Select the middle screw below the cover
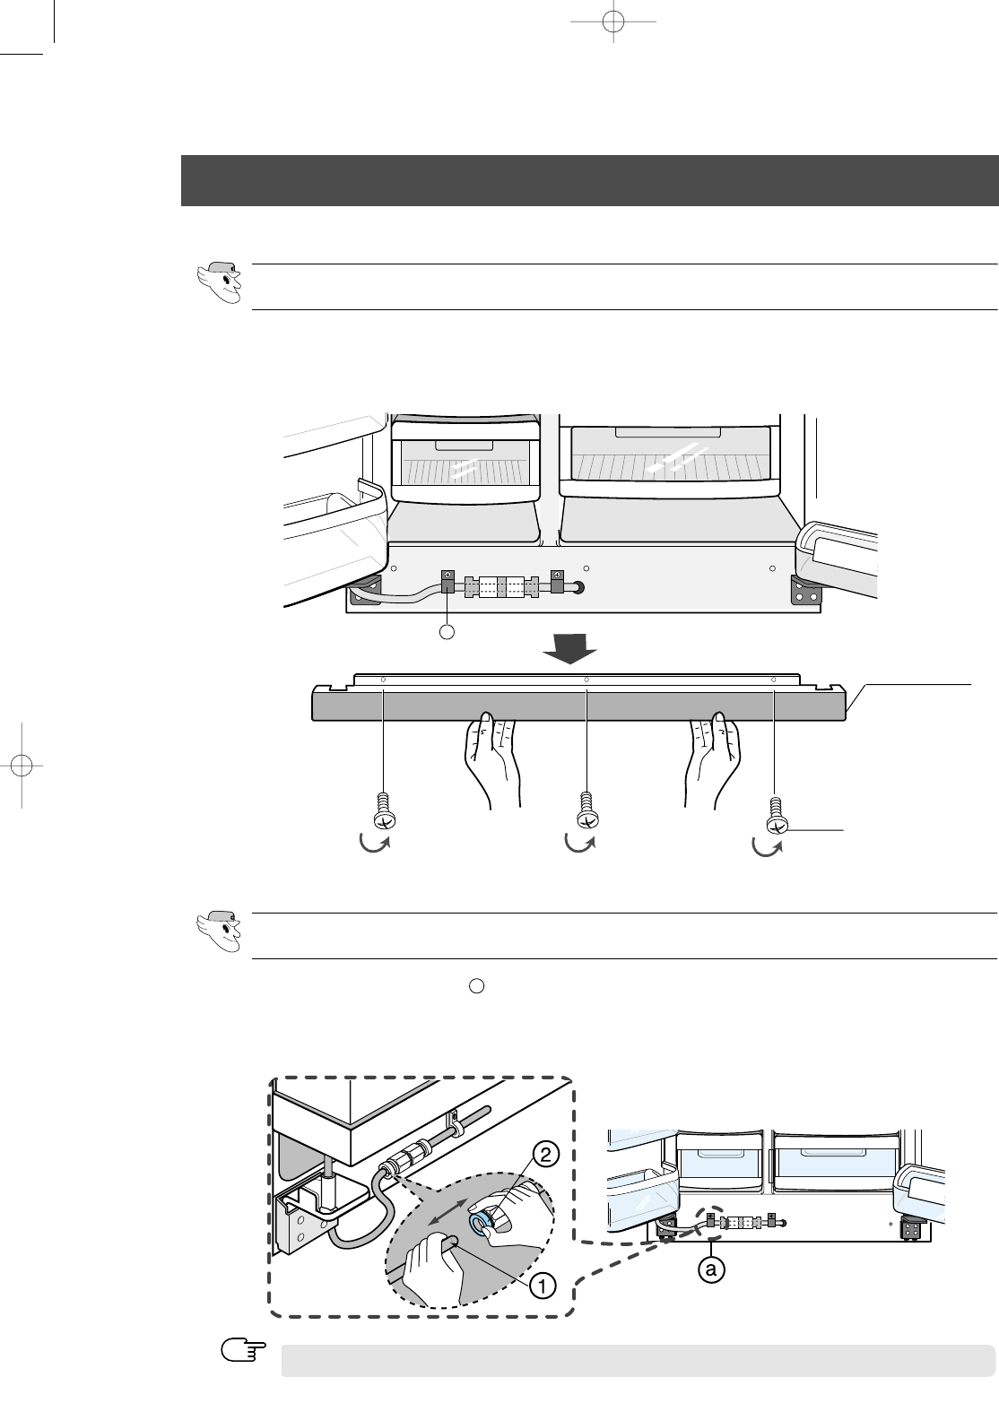[586, 812]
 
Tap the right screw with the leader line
[775, 816]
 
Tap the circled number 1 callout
[542, 1285]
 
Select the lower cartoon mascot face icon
[219, 931]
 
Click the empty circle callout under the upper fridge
[449, 632]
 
